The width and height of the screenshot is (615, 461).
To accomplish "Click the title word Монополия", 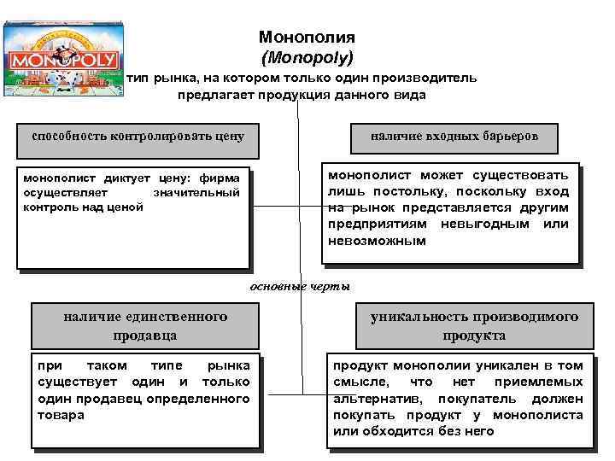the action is tap(307, 38).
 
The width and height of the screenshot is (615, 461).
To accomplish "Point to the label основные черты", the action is tap(299, 287).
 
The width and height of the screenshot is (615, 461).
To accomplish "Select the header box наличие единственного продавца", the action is tap(145, 325).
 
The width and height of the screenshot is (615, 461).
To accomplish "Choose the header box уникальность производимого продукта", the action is tap(474, 325).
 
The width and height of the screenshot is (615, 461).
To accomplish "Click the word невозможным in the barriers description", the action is tap(377, 241).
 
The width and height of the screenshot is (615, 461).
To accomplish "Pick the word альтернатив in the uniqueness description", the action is tap(381, 399).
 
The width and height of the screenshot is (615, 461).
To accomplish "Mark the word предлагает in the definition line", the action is tap(210, 96).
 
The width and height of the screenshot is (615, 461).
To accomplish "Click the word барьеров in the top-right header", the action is tap(502, 136).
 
